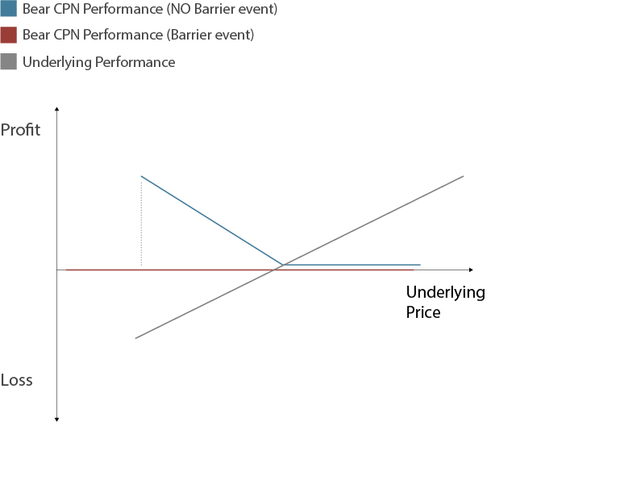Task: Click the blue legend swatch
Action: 9,10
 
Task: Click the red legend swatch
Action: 9,36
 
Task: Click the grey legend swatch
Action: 9,61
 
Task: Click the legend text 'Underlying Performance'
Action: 98,62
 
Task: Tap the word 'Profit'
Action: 21,130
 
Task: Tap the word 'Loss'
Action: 17,380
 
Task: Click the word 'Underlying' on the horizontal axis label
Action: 445,292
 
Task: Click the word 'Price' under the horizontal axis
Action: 423,312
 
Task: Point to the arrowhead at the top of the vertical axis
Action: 56,108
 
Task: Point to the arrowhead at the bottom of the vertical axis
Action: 56,418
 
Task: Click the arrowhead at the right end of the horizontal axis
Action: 471,270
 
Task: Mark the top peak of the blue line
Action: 141,176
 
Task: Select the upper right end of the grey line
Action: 464,175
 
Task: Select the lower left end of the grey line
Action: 135,338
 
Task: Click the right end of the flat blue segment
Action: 420,265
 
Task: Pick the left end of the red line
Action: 66,270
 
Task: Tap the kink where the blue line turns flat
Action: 283,265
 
